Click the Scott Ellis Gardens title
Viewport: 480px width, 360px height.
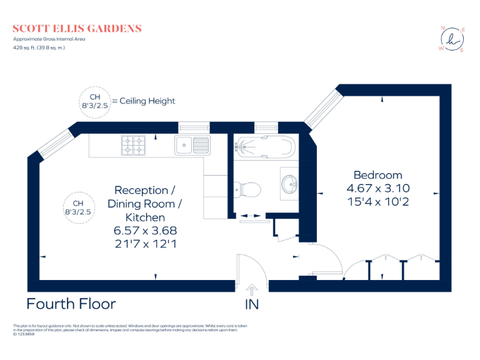tap(77, 29)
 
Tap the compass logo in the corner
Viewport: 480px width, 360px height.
tap(452, 39)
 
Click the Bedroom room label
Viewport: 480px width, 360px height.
tap(377, 175)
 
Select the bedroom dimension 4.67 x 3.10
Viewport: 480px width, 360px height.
tap(377, 188)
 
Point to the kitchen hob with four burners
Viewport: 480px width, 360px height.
tap(133, 146)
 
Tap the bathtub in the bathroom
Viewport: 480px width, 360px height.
tap(262, 147)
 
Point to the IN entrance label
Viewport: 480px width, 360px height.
tap(252, 304)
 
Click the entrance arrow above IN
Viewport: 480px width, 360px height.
tap(252, 289)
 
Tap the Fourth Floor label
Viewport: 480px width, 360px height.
tap(71, 304)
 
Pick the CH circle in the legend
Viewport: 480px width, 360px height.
tap(94, 101)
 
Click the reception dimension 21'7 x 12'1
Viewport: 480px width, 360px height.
tap(145, 244)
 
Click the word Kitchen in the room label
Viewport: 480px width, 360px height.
tap(145, 217)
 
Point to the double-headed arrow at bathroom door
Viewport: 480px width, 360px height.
tap(252, 216)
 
